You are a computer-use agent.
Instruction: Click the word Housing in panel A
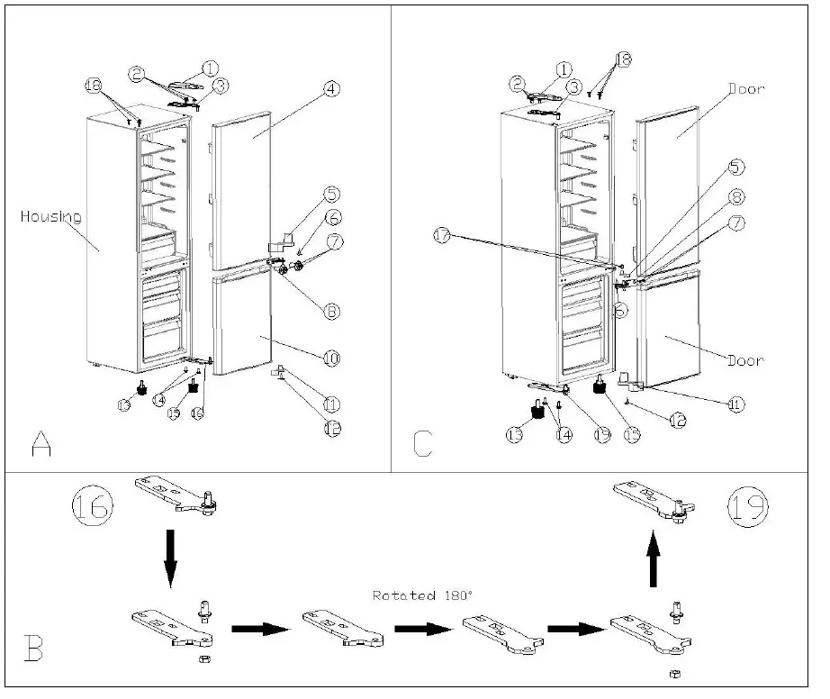tap(51, 216)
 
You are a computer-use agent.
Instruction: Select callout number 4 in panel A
tap(331, 88)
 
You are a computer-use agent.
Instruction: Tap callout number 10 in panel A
tap(331, 359)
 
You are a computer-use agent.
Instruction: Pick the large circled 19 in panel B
tap(748, 507)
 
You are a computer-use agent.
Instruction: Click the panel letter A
tap(40, 444)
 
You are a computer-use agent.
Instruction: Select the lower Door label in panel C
tap(745, 360)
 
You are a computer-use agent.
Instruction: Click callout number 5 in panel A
tap(332, 194)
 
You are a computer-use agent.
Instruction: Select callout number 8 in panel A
tap(331, 311)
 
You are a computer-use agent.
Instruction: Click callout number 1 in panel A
tap(210, 68)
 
